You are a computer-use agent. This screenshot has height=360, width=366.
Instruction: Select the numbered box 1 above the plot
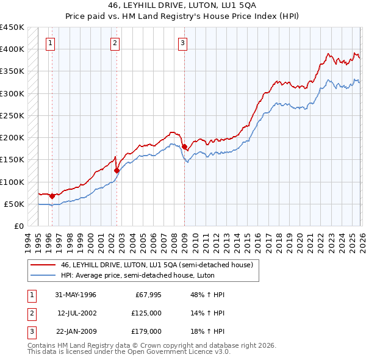49,43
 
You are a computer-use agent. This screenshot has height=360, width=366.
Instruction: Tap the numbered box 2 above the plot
115,43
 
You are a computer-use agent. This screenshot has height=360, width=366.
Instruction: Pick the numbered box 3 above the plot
182,43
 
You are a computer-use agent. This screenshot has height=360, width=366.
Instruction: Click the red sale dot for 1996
52,196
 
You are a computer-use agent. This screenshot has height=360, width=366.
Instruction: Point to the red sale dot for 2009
184,146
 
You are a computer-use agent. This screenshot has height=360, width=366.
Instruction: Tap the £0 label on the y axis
18,226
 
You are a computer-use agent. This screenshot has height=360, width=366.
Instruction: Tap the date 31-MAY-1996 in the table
76,295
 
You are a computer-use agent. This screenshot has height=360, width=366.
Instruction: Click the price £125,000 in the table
146,313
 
